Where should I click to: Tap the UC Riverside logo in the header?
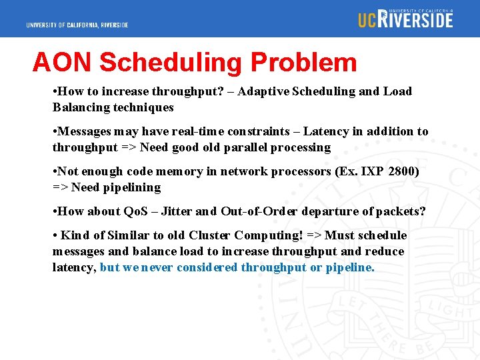405,19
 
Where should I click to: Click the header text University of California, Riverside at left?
77,25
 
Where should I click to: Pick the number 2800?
401,171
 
